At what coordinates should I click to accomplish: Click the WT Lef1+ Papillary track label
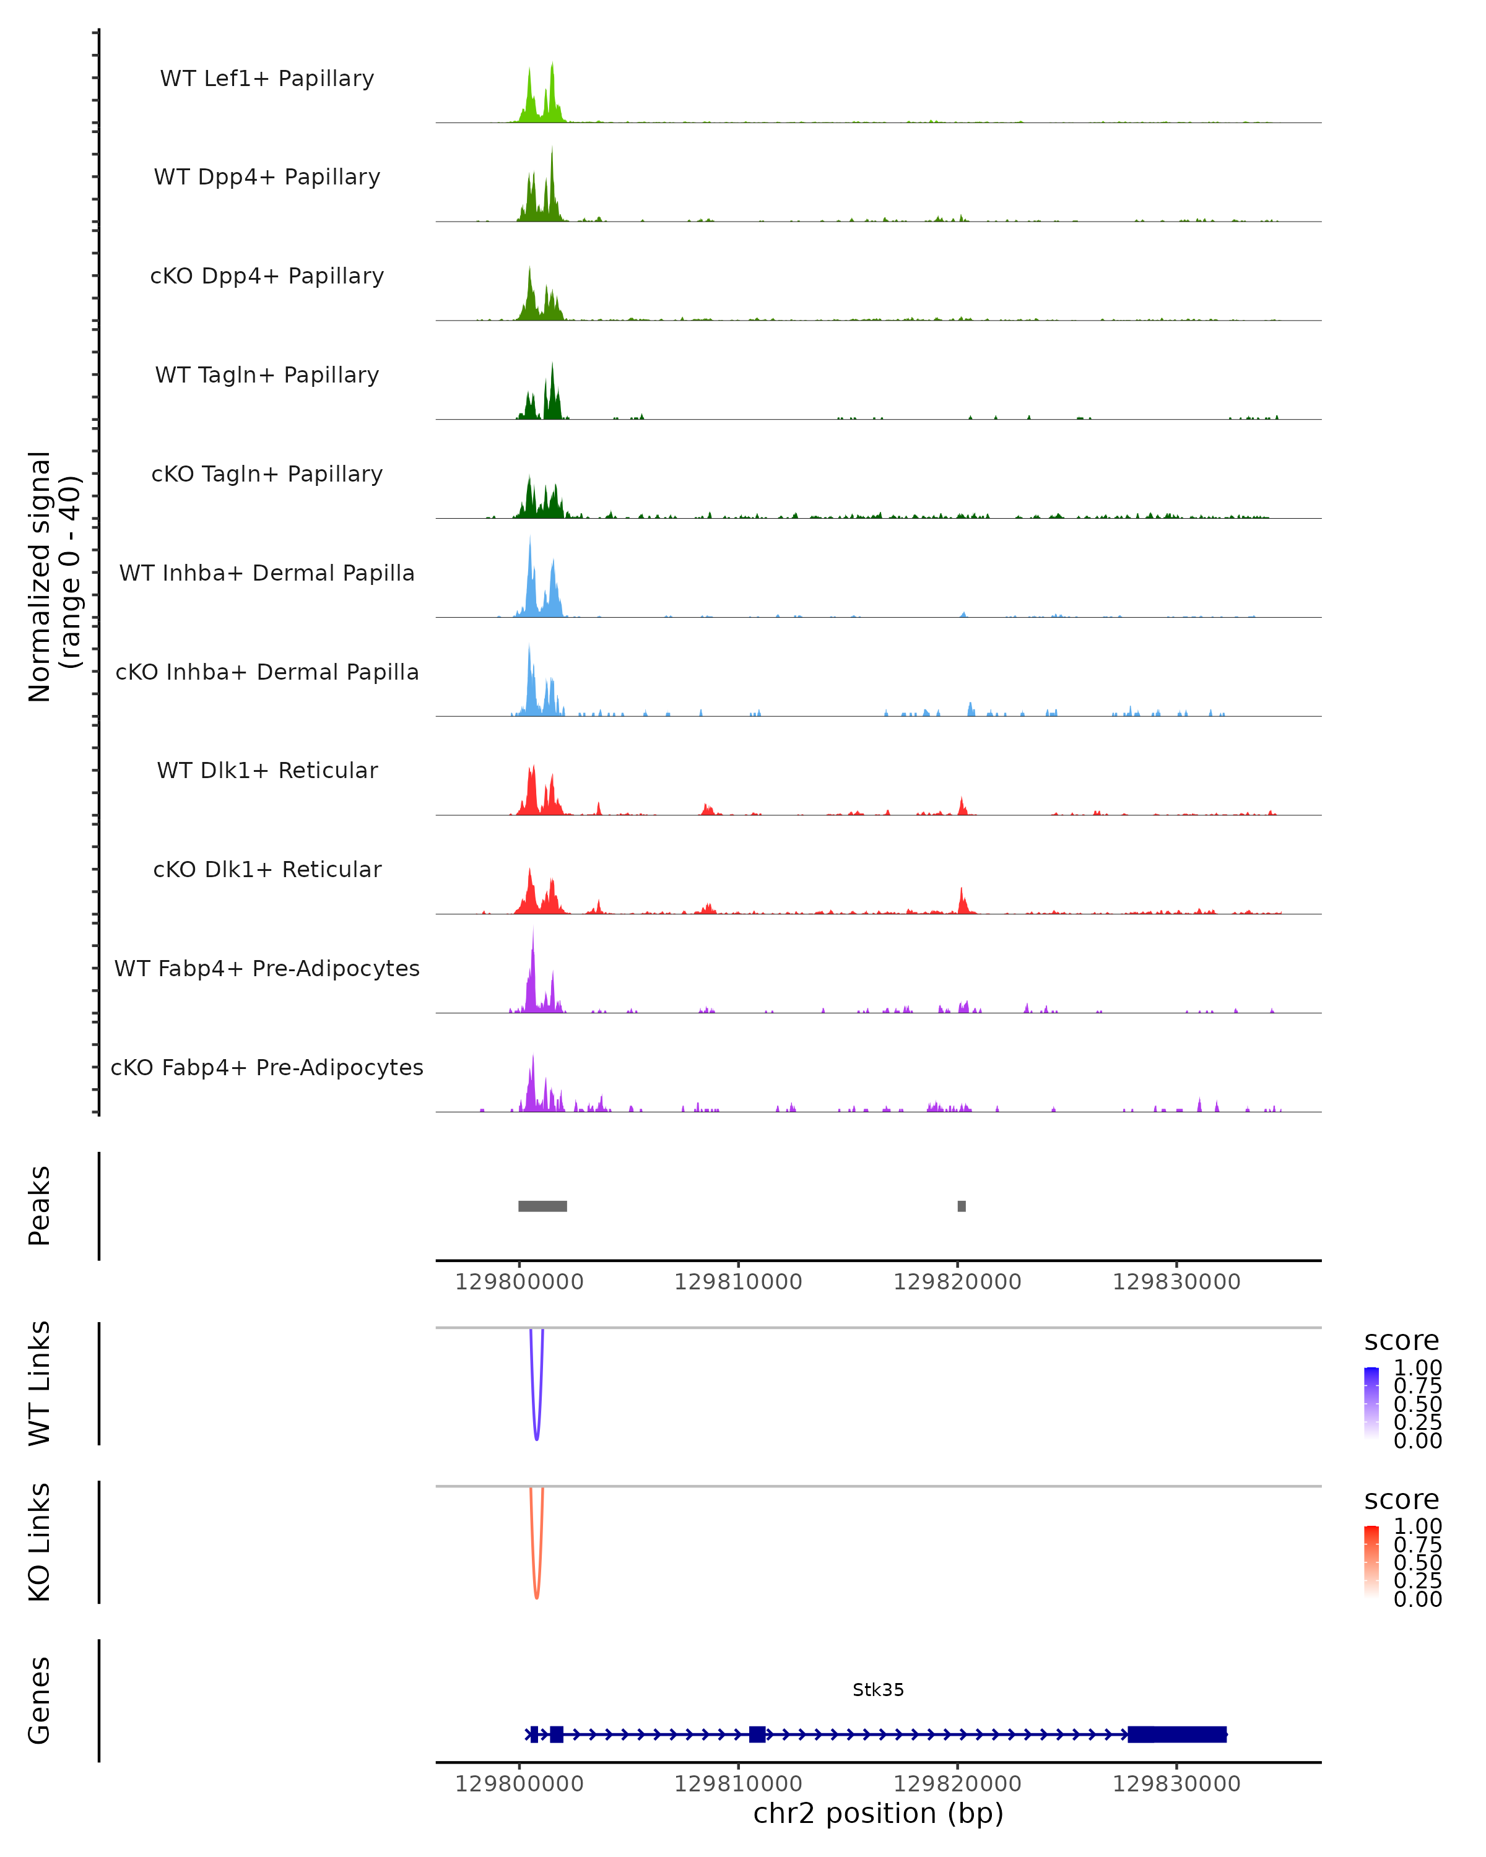click(x=267, y=79)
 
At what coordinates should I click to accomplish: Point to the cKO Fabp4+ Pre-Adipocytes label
click(x=267, y=1067)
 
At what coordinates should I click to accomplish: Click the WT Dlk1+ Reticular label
click(x=267, y=770)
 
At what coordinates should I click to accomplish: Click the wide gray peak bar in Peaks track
click(x=543, y=1206)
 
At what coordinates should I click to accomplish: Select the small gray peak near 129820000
click(x=962, y=1206)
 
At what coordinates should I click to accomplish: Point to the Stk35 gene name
click(x=878, y=1690)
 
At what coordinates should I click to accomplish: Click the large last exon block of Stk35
click(x=1177, y=1734)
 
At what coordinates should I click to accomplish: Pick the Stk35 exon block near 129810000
click(x=757, y=1734)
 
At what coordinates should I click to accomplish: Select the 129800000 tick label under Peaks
click(x=519, y=1282)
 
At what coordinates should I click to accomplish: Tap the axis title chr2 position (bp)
click(x=878, y=1813)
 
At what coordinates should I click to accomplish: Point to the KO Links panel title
click(x=40, y=1542)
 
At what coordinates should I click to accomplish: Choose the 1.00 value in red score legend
click(x=1418, y=1526)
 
